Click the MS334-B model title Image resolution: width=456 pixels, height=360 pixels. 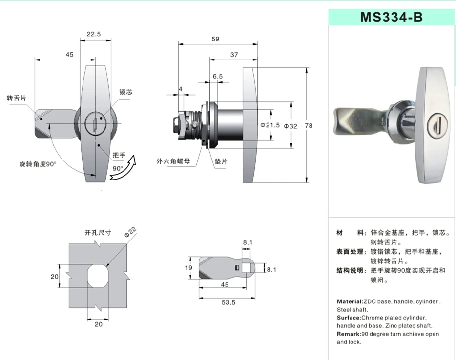(391, 17)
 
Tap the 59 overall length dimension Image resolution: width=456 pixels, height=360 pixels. (215, 39)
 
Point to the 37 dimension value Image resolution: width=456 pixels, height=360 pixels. (234, 55)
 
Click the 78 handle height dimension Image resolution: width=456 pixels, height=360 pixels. (309, 125)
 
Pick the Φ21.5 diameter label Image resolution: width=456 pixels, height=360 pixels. (270, 125)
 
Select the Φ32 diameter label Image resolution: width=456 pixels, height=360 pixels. (290, 125)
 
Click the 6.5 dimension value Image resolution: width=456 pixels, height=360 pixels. (217, 76)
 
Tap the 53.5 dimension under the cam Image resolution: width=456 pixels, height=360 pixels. (228, 302)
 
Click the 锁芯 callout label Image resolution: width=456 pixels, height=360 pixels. (125, 92)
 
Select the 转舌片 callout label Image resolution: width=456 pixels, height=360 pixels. (16, 97)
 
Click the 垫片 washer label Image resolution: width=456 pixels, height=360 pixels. (221, 161)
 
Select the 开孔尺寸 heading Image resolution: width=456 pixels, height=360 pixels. (98, 232)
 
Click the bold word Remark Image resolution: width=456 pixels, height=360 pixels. (349, 334)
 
